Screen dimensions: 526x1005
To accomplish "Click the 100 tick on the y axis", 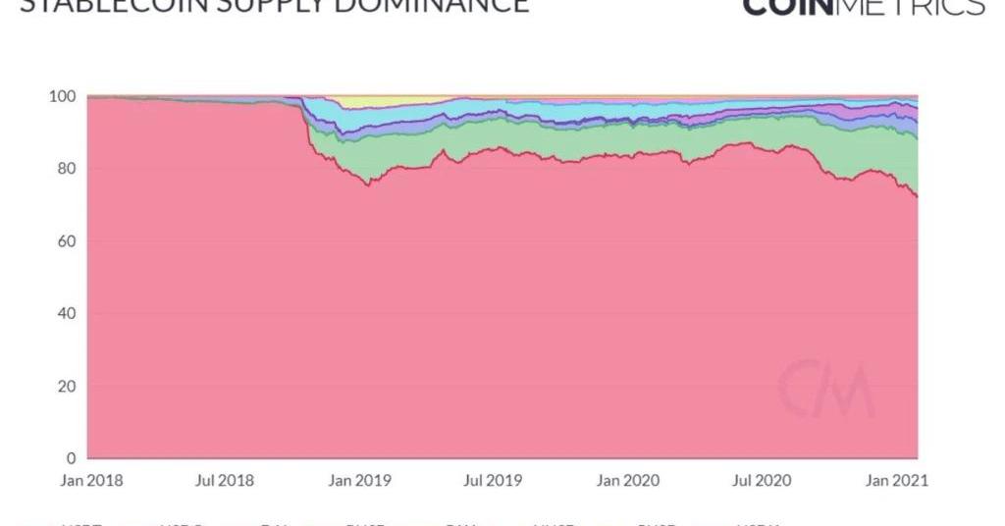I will pos(62,96).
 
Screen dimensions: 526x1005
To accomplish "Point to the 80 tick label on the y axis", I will pos(65,169).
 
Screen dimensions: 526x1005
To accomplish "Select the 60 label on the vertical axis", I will pos(65,241).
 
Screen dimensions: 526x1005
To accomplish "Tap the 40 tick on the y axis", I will pos(65,314).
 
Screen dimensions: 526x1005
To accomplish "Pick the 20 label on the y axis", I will pos(65,387).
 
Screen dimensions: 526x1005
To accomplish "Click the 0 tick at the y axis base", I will pos(70,458).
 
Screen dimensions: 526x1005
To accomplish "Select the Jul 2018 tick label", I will pos(226,481).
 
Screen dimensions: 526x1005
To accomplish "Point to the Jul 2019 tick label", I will pos(493,481).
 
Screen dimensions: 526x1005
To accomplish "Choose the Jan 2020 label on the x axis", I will pos(629,481).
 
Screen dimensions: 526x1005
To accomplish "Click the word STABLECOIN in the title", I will pos(109,5).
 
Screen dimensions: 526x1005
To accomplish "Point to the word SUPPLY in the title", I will pos(268,5).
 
